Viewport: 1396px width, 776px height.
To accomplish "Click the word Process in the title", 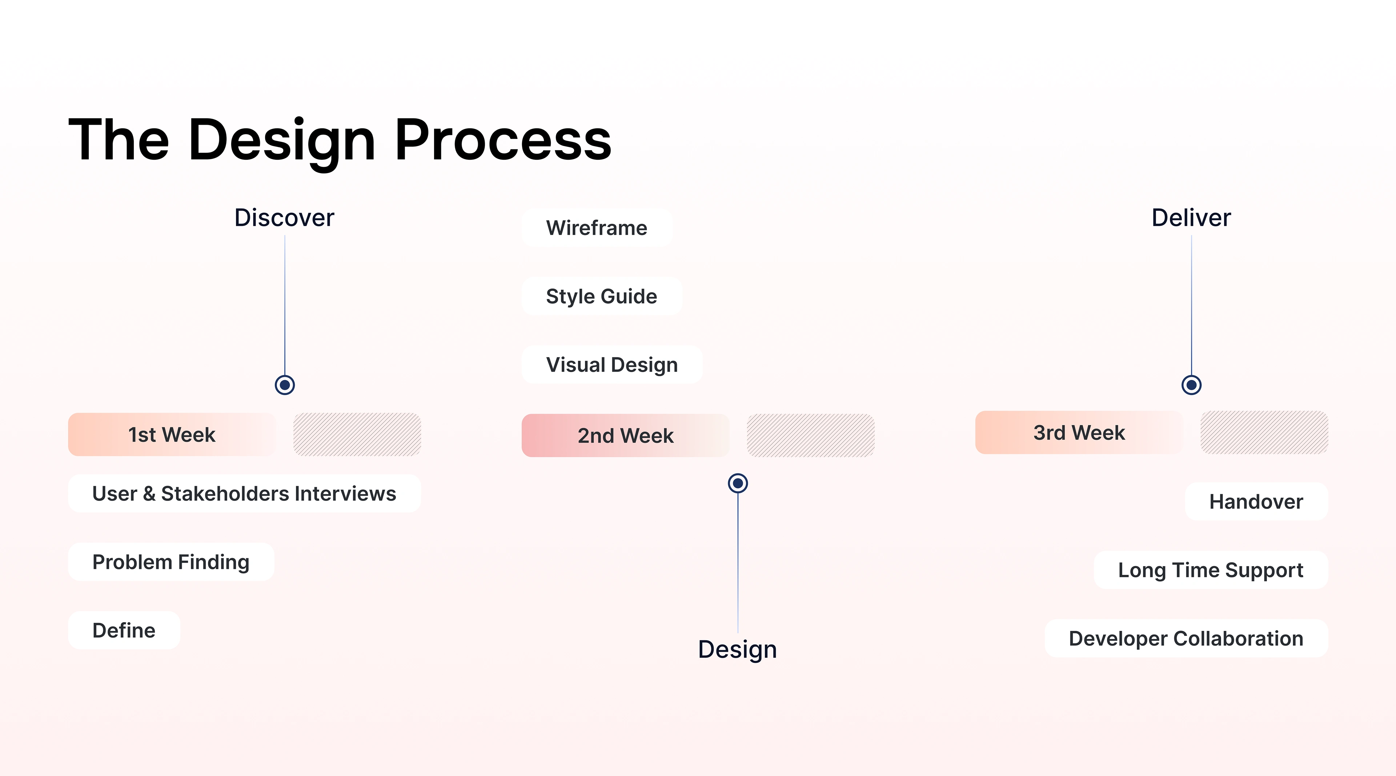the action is (x=503, y=140).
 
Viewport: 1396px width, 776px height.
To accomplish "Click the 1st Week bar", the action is (x=172, y=434).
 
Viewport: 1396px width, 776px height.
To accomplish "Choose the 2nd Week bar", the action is (x=625, y=435).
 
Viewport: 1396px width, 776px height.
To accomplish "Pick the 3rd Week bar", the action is (x=1079, y=433).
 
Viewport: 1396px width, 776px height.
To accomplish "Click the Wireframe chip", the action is (x=597, y=228).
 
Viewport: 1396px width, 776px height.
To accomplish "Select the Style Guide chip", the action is (x=602, y=296).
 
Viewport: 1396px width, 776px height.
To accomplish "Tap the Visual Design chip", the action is (x=612, y=365).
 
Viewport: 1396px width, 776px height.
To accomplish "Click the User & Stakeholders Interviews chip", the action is (x=244, y=493).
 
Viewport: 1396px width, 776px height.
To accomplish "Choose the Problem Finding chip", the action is (x=171, y=562).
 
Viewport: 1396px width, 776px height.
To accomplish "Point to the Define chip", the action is (x=124, y=630).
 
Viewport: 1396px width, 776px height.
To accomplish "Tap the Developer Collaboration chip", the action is (x=1186, y=638).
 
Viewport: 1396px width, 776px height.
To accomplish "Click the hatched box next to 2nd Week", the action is (x=811, y=435).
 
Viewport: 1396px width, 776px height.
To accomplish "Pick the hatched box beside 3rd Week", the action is (x=1264, y=433).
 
